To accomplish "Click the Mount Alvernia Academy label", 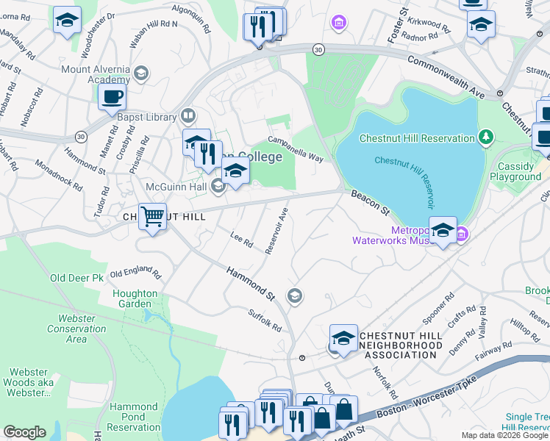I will [96, 73].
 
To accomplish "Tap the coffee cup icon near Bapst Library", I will [112, 97].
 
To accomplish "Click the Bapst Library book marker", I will [189, 117].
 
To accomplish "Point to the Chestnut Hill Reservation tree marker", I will [485, 137].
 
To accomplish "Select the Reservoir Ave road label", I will [281, 230].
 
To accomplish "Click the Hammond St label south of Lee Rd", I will [250, 284].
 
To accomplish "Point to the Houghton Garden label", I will [135, 298].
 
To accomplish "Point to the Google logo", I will [24, 432].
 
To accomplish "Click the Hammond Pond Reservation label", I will [134, 417].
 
